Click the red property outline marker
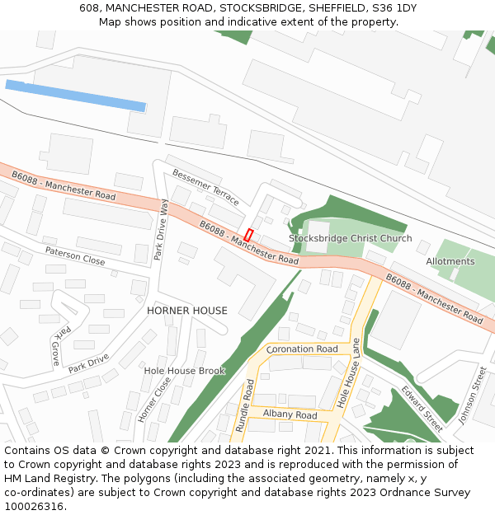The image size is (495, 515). (248, 235)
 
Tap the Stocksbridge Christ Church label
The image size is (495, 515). (350, 239)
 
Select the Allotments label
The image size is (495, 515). (450, 261)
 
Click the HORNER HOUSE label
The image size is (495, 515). (186, 311)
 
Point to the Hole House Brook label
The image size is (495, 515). (184, 371)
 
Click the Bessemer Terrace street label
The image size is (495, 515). (206, 188)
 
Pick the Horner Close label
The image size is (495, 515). (154, 400)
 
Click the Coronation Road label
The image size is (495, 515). (302, 349)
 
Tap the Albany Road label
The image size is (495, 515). (290, 415)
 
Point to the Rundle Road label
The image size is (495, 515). (245, 406)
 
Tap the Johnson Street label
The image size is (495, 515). (474, 396)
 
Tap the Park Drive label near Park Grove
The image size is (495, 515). (88, 363)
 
